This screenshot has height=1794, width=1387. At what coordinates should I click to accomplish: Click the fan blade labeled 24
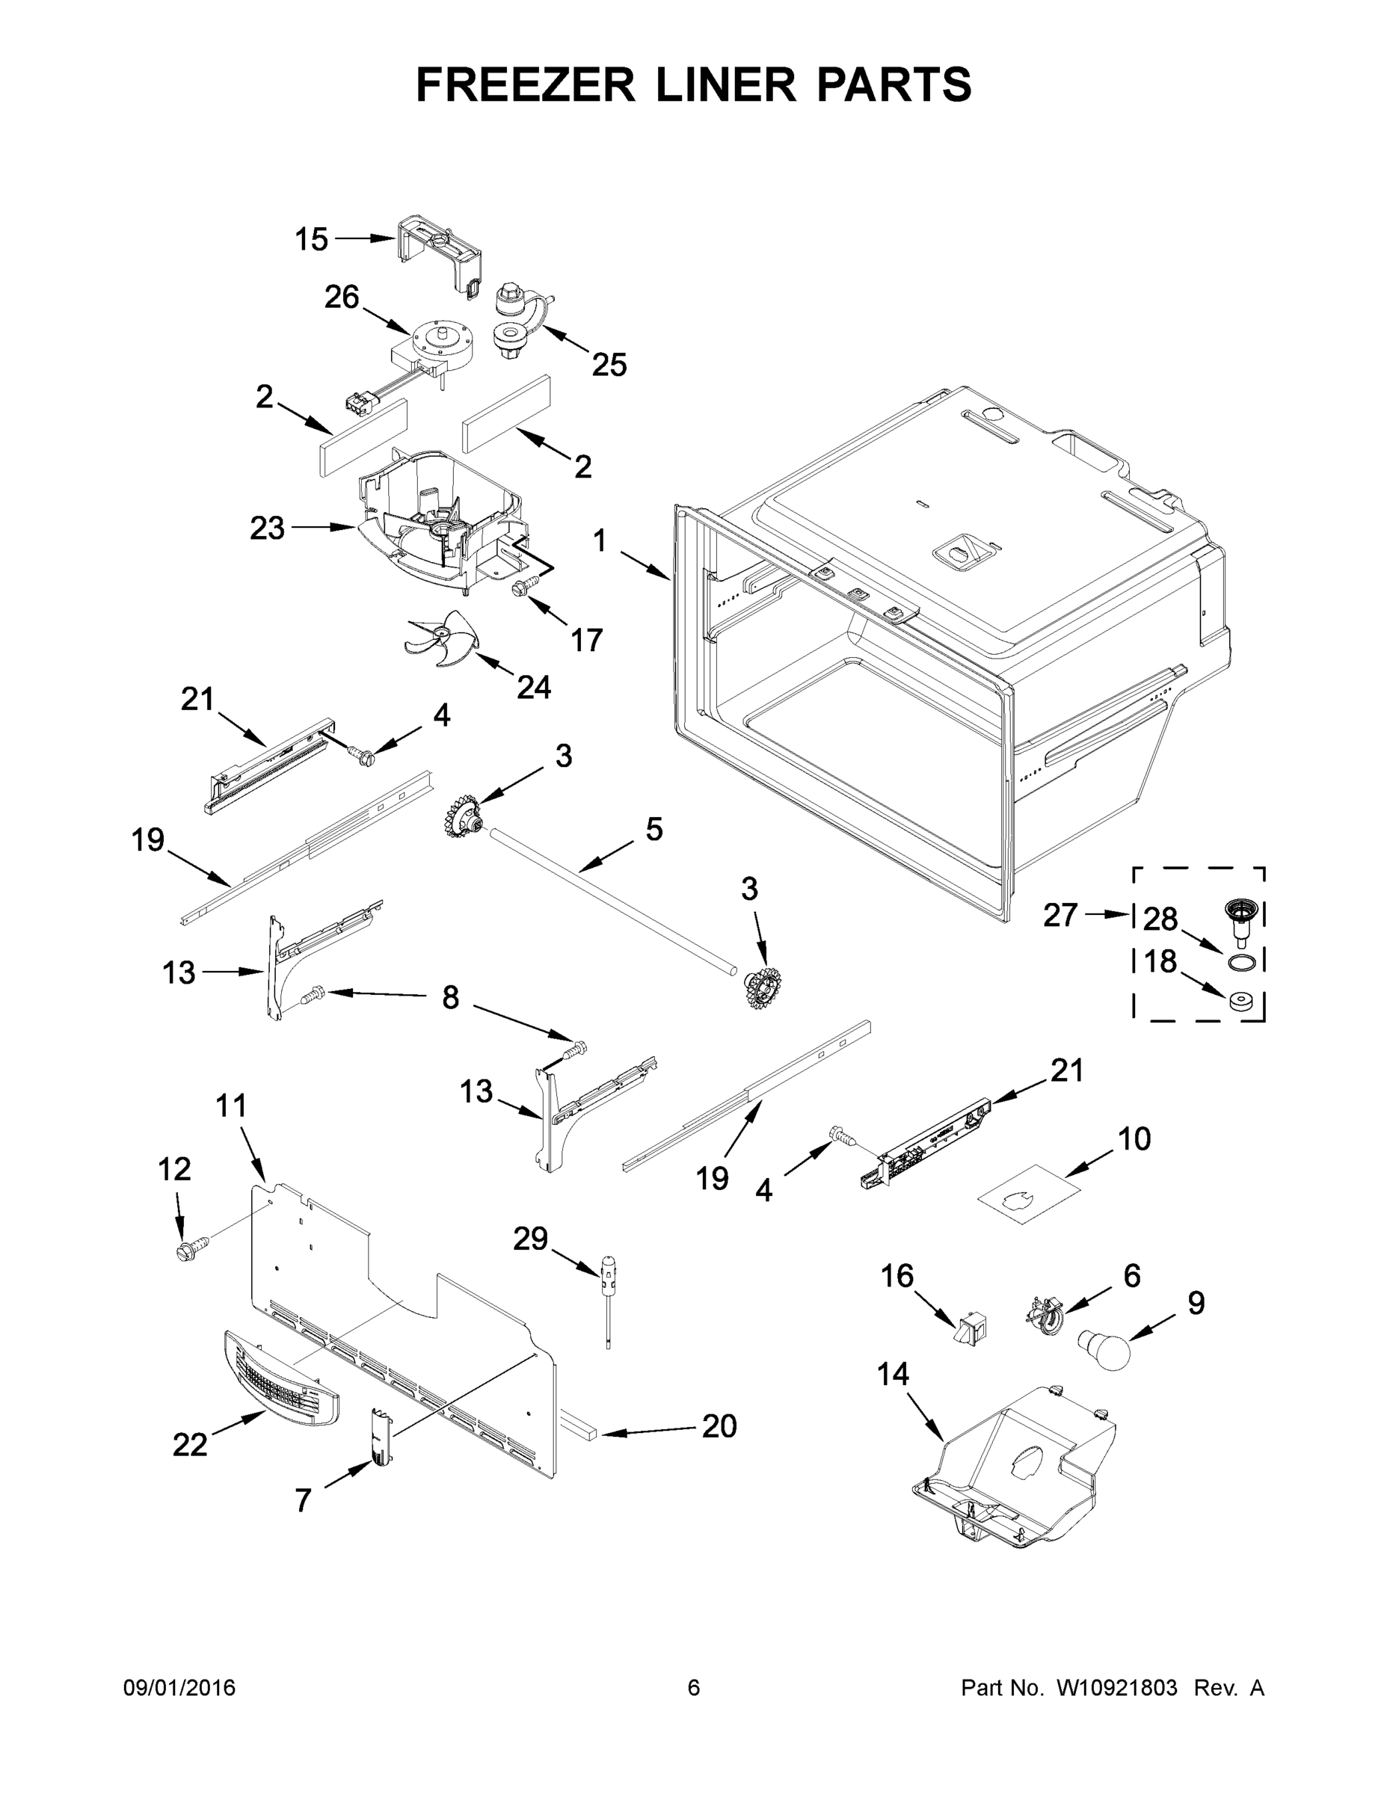pos(440,640)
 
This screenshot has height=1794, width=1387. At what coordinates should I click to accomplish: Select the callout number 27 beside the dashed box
pos(1060,914)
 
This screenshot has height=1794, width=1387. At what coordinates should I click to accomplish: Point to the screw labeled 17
pos(523,587)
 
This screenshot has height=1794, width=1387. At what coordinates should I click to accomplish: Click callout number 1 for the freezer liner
pos(600,541)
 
